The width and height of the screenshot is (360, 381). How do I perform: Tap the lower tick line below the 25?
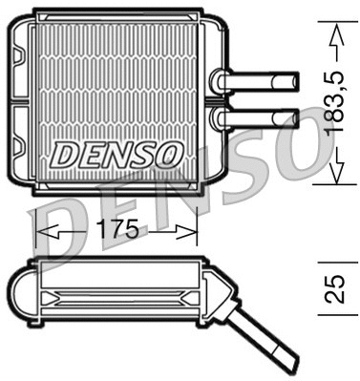click(329, 317)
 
